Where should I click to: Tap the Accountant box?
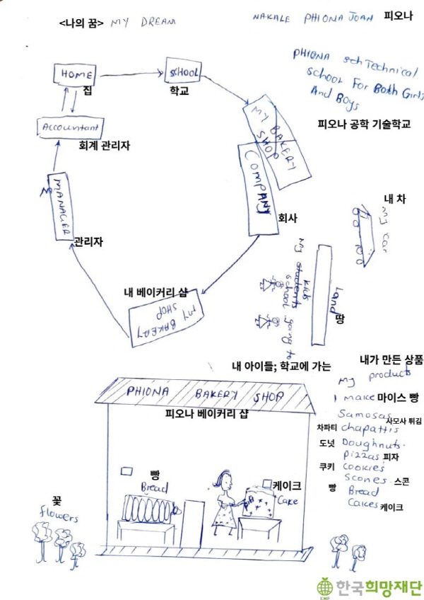(x=71, y=128)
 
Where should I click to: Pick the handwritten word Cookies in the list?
(x=363, y=467)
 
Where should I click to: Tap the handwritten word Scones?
(x=363, y=479)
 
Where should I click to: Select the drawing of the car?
(x=368, y=236)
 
